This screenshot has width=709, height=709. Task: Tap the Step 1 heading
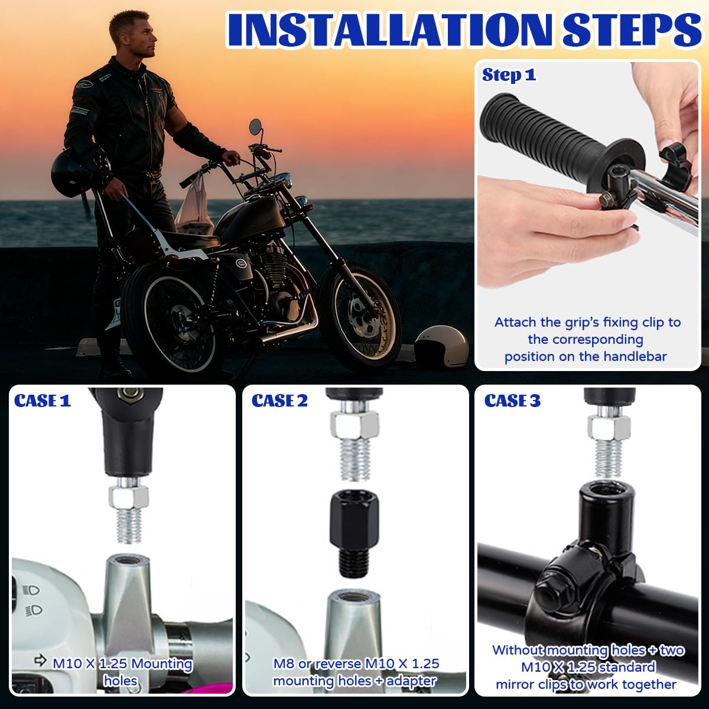pos(509,75)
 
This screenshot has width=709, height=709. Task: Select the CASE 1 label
pos(43,401)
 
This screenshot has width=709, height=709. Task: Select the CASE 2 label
pos(279,401)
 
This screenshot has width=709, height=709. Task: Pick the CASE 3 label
pos(512,401)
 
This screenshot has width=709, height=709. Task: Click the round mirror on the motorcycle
pos(255,126)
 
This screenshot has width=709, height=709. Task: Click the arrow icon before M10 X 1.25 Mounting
pos(40,661)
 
